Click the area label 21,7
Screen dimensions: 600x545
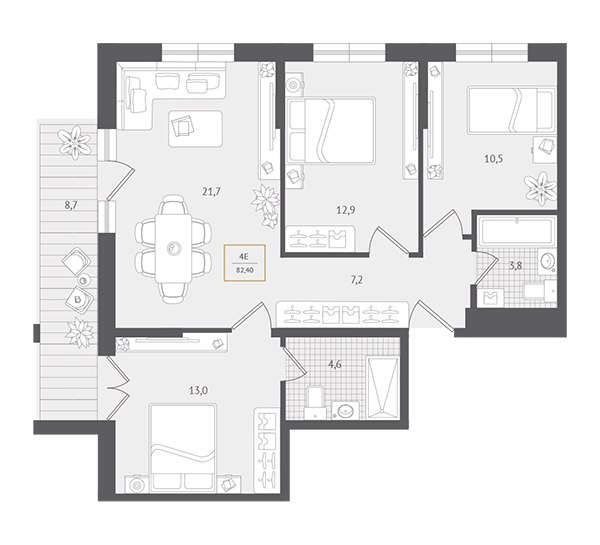pos(212,192)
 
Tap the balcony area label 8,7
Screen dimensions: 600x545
pos(71,206)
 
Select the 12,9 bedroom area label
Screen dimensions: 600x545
pos(346,210)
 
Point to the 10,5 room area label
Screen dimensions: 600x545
pos(494,158)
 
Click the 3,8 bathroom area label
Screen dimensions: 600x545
pos(515,265)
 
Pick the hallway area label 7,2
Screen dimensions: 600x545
pos(356,281)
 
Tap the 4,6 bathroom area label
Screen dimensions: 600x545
pos(334,365)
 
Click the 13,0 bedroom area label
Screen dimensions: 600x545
pos(198,391)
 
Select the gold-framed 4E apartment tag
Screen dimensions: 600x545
pos(245,263)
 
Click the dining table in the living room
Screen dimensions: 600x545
pos(173,249)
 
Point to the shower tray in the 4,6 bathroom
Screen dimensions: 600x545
pos(383,388)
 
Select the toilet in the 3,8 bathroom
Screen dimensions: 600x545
pos(540,291)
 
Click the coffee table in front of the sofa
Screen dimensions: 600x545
pos(196,129)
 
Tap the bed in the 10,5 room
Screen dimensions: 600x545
pos(511,110)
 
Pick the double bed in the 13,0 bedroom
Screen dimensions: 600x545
pos(184,447)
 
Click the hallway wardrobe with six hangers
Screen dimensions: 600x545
pos(342,314)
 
